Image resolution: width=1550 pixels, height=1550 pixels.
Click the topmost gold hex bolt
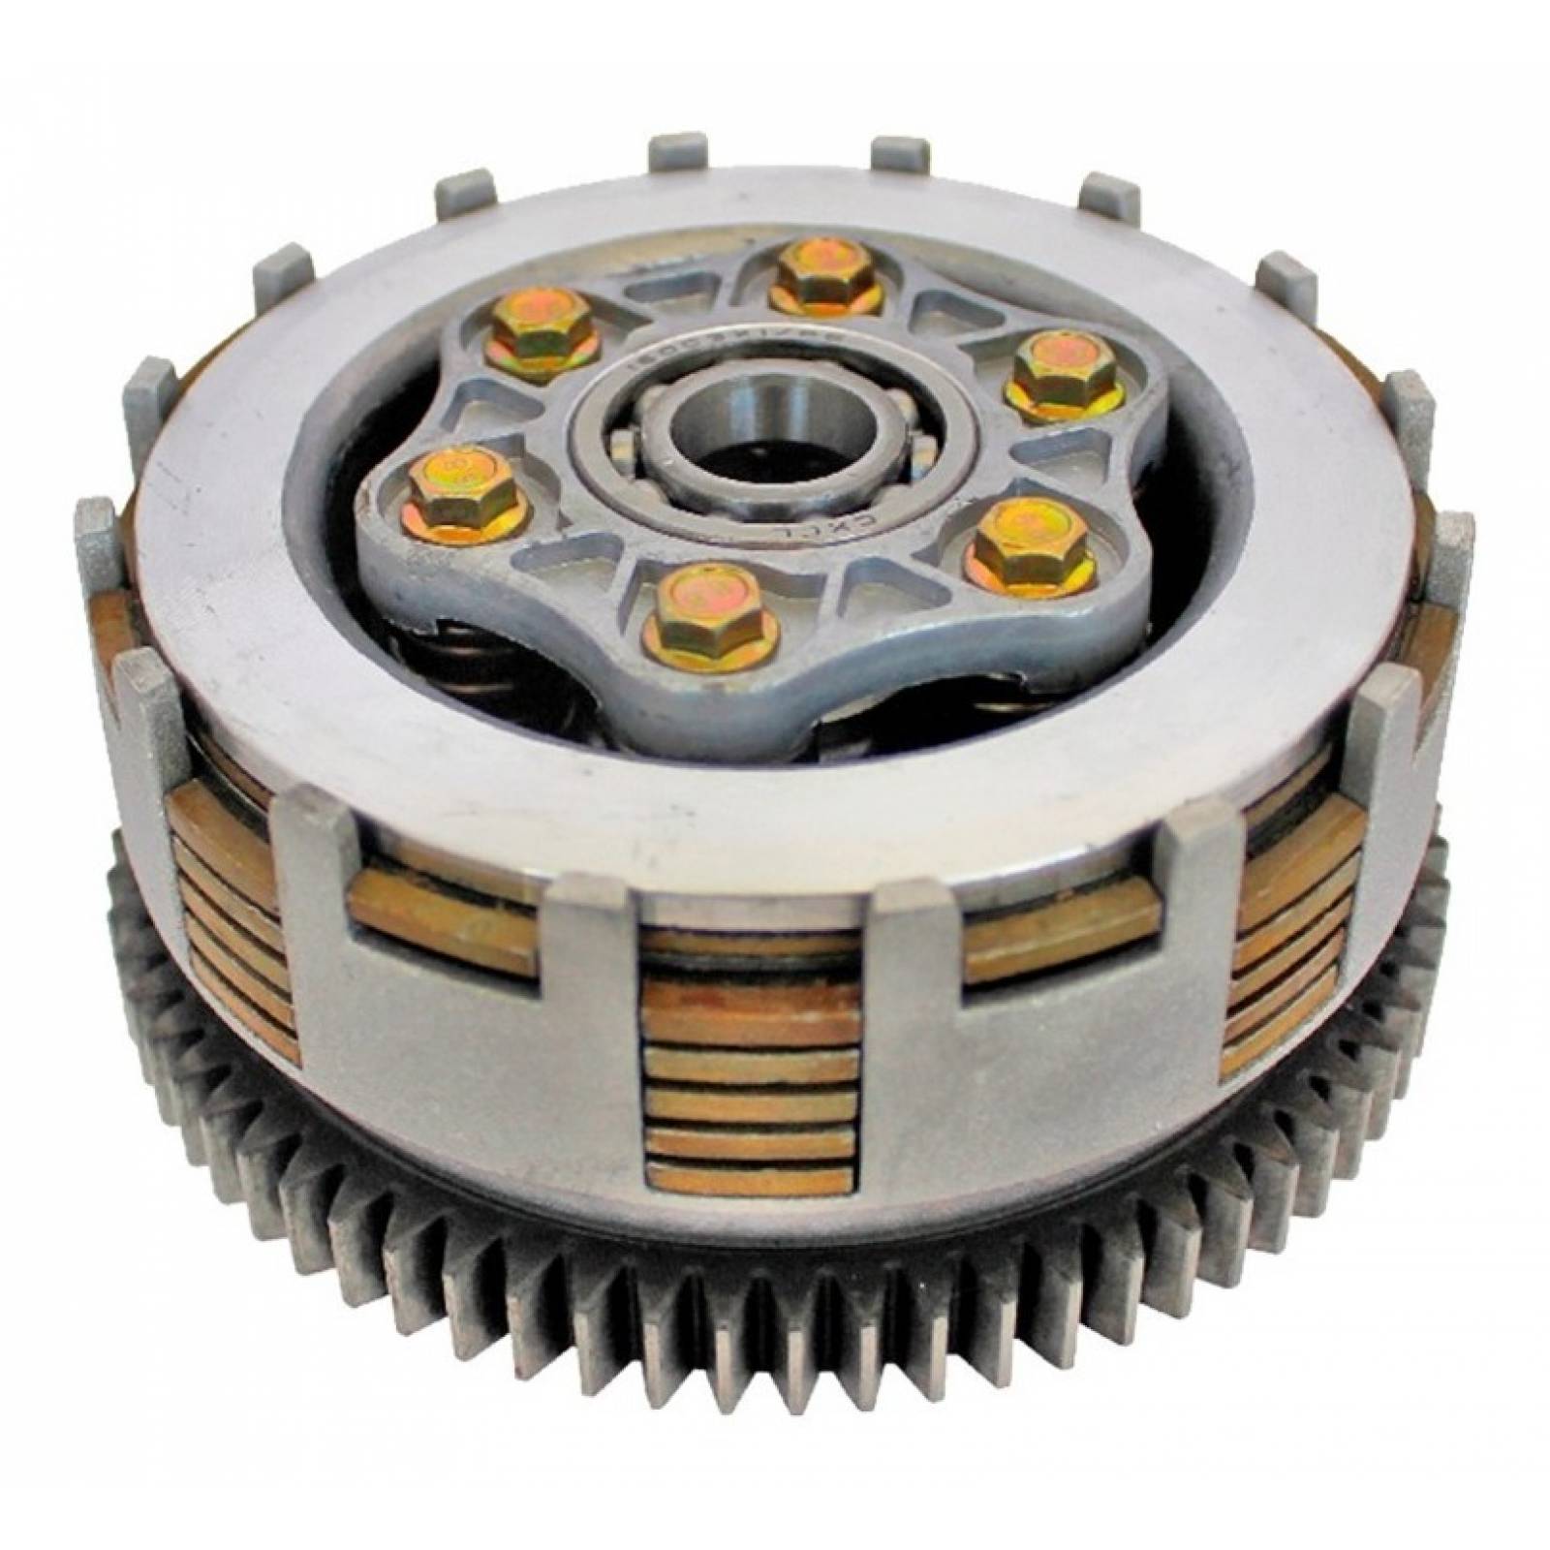(x=825, y=273)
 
